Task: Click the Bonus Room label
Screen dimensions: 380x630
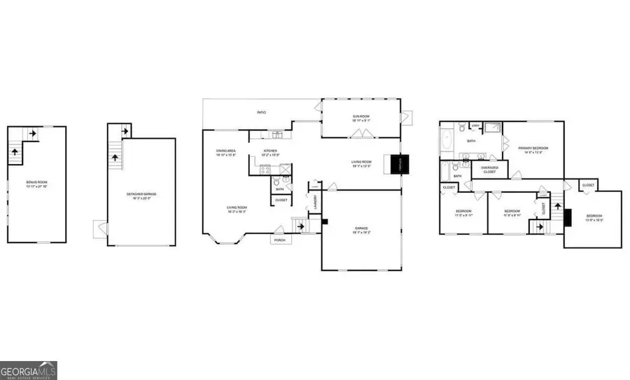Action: (35, 184)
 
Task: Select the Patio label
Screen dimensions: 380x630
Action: (261, 112)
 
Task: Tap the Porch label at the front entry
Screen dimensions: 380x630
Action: (280, 239)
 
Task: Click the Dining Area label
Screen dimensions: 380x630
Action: (225, 151)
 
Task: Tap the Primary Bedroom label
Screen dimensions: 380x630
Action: (533, 149)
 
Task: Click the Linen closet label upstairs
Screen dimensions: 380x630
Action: (475, 126)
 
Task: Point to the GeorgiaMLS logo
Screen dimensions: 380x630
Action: (29, 369)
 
